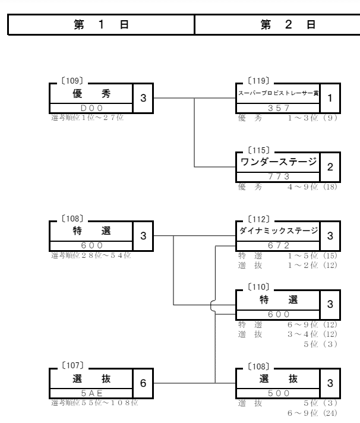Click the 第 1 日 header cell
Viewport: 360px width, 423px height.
tap(102, 26)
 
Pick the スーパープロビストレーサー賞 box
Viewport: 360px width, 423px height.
tap(278, 93)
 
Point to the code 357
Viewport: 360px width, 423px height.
tap(278, 108)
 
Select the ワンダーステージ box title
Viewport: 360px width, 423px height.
tap(278, 162)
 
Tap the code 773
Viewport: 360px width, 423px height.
tap(278, 176)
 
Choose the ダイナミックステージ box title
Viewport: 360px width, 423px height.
tap(278, 230)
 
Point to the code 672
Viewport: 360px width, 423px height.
tap(278, 244)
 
